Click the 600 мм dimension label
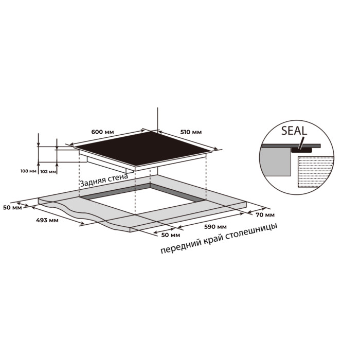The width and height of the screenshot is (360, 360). tap(102, 132)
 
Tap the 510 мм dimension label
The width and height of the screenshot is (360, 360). tap(191, 132)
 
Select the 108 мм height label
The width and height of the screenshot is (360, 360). tap(28, 171)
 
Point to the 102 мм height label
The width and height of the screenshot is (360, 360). tap(48, 171)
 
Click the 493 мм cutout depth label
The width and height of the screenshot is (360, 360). tap(47, 221)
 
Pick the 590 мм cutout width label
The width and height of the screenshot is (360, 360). tap(215, 227)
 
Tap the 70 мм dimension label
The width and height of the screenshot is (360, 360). tap(265, 215)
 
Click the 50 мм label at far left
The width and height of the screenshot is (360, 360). tap(12, 208)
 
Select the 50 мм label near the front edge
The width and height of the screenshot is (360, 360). tap(171, 235)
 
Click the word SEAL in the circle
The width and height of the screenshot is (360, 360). tap(294, 131)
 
